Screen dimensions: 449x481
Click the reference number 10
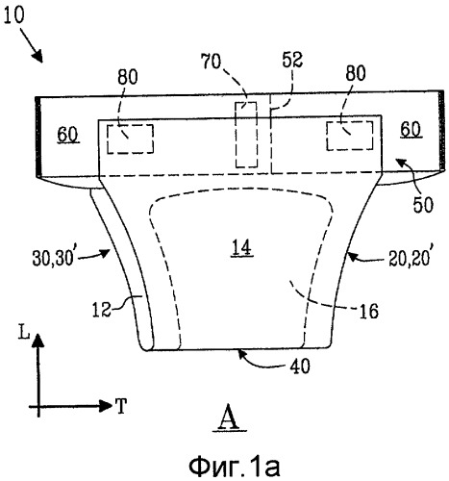[14, 15]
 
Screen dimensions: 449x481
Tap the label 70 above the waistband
[211, 62]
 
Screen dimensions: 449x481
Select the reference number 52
[292, 60]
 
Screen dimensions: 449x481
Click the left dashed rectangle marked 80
[130, 139]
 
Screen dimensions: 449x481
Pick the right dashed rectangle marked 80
[350, 136]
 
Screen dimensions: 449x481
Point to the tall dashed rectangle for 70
[246, 135]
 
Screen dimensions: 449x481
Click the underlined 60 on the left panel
[68, 136]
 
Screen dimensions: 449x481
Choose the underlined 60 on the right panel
[411, 131]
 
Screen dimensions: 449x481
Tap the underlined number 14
[242, 248]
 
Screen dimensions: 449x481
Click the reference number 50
[423, 205]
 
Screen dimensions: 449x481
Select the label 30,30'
[53, 258]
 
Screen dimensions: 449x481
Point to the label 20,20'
[410, 258]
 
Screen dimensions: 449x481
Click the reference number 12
[102, 310]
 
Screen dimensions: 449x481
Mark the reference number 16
[369, 311]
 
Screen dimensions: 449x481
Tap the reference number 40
[300, 366]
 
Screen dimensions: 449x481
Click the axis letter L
[24, 333]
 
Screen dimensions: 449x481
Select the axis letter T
[121, 406]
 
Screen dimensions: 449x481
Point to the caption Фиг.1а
[235, 466]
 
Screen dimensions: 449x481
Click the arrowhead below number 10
[38, 57]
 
